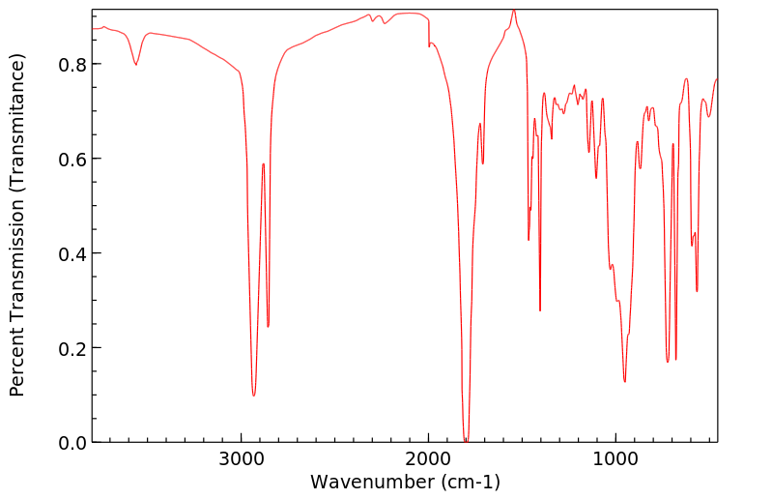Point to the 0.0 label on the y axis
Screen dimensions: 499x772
(73, 442)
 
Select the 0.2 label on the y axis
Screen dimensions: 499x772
(73, 347)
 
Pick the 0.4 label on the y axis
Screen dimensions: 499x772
(73, 253)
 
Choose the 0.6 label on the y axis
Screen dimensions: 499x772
(73, 159)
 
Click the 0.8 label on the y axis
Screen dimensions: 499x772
(73, 64)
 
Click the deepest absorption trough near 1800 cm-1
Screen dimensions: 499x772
(466, 440)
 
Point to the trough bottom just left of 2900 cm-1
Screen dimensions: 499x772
(253, 395)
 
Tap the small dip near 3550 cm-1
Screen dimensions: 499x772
(136, 65)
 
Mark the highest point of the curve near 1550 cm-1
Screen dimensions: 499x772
(514, 10)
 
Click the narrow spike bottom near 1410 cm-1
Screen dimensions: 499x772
(540, 310)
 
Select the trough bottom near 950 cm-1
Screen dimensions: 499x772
(625, 381)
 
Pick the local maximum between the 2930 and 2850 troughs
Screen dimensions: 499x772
(263, 163)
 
